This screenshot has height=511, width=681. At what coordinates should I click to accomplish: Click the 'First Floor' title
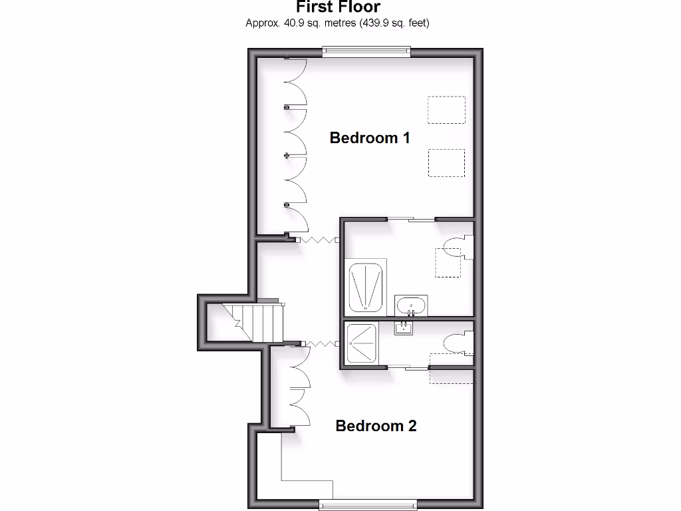pyautogui.click(x=338, y=7)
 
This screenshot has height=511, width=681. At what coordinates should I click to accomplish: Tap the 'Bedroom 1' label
pyautogui.click(x=370, y=138)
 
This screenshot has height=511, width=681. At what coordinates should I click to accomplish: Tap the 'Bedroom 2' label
pyautogui.click(x=376, y=426)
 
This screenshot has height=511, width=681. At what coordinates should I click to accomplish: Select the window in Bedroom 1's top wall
pyautogui.click(x=366, y=51)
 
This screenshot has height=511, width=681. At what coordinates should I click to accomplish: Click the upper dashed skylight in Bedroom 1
pyautogui.click(x=446, y=110)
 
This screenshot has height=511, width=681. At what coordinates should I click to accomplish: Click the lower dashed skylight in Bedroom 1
pyautogui.click(x=446, y=162)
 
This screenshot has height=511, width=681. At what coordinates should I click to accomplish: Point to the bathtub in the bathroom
pyautogui.click(x=366, y=287)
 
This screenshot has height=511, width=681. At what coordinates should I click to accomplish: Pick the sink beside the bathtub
pyautogui.click(x=411, y=306)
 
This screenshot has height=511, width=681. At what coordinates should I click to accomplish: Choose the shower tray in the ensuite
pyautogui.click(x=362, y=343)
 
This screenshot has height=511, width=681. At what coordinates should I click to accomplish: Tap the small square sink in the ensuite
pyautogui.click(x=404, y=327)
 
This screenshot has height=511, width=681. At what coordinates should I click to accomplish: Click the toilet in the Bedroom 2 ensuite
pyautogui.click(x=458, y=344)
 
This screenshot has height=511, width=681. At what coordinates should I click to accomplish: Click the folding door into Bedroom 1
pyautogui.click(x=318, y=240)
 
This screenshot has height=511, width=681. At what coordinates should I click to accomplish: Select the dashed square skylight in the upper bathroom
pyautogui.click(x=448, y=262)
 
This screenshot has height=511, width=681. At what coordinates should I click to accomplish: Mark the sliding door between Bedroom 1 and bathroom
pyautogui.click(x=411, y=219)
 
